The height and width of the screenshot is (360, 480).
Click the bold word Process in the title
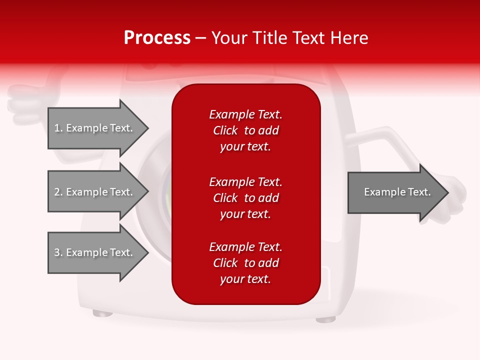pyautogui.click(x=157, y=38)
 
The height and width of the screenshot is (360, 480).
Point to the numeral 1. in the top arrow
pyautogui.click(x=58, y=128)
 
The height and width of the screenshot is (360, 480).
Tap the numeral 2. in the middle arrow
pyautogui.click(x=58, y=192)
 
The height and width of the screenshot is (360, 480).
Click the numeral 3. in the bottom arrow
pyautogui.click(x=58, y=252)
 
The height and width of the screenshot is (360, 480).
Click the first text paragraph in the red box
pyautogui.click(x=245, y=130)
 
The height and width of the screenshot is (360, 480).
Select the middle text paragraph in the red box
pyautogui.click(x=245, y=197)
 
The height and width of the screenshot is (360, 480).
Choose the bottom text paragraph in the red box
pyautogui.click(x=245, y=263)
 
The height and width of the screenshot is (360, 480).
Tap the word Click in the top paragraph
pyautogui.click(x=225, y=130)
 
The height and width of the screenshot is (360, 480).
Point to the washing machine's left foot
pyautogui.click(x=102, y=313)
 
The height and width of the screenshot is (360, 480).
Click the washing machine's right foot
pyautogui.click(x=325, y=318)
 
